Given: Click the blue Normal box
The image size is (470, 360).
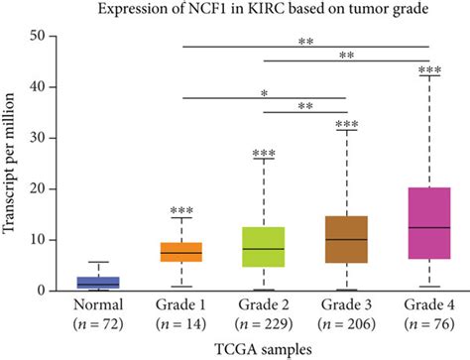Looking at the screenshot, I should point(99,283).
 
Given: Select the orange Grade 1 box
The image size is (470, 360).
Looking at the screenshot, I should point(181,252).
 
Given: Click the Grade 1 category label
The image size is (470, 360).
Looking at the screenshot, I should point(181,305).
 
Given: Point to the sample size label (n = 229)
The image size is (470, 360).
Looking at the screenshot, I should point(264,322).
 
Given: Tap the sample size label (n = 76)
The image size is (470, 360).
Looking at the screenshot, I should point(428,322).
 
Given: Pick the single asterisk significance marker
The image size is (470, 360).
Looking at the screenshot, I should point(264,92).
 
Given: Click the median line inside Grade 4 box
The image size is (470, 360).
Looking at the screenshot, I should point(428,228).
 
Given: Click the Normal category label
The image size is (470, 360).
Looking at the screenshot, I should point(99,305).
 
